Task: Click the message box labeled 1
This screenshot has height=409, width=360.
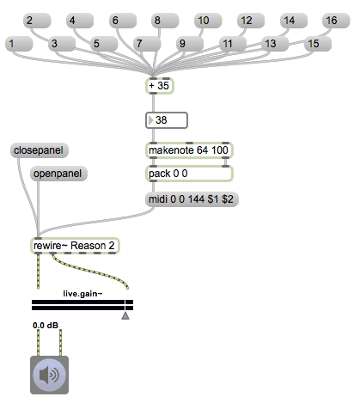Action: pos(19,44)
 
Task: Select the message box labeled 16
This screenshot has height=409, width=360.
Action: pos(336,21)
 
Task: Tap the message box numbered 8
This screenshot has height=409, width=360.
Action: pos(165,21)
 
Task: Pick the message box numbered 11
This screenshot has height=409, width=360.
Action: pos(233,44)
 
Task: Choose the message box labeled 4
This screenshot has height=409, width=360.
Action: pos(80,21)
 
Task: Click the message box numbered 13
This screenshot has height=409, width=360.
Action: pos(275,44)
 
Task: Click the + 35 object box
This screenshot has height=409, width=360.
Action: pos(160,86)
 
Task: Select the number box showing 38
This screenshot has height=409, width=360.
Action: pos(167,120)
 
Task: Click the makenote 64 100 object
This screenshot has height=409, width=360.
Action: pos(189,150)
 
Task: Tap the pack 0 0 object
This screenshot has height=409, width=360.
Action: pos(189,174)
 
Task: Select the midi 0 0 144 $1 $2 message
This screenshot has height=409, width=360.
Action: pos(192,199)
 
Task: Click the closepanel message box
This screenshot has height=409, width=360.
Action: pos(40,150)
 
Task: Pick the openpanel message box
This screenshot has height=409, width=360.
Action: pos(58,174)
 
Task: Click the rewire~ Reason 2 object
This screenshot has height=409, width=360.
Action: pos(75,246)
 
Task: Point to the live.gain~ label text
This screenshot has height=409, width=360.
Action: pos(82,294)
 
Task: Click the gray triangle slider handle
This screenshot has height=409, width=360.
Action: pos(125,315)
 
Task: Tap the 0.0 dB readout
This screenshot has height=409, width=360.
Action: pos(46,326)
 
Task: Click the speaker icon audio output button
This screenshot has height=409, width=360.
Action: pos(49,375)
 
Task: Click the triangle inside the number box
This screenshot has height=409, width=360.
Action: pos(150,120)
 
